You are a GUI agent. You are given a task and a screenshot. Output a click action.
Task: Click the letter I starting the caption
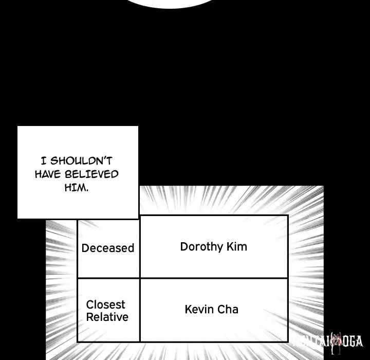(x=43, y=160)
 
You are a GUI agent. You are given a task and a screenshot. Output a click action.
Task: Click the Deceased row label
(x=107, y=248)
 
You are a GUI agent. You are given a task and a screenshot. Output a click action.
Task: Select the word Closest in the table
(x=106, y=304)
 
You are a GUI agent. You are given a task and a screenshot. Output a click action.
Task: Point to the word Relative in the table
(x=107, y=317)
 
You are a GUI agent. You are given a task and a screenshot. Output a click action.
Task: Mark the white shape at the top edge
(x=170, y=3)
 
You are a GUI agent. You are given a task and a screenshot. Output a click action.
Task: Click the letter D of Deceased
(x=85, y=248)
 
